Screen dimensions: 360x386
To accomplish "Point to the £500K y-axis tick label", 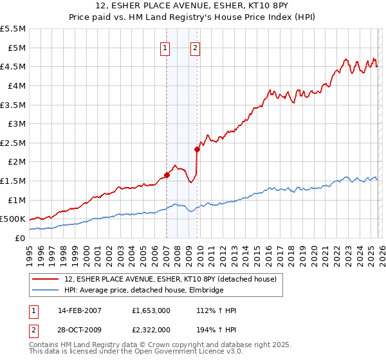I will pos(13,219).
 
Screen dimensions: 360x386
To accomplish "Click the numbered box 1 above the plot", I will pos(165,48).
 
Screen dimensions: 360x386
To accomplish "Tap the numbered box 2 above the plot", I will pos(195,48).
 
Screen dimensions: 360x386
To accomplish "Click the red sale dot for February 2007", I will pos(167,174).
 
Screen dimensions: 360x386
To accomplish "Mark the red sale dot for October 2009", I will pos(198,149).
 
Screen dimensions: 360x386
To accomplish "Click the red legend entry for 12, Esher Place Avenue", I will pos(170,279).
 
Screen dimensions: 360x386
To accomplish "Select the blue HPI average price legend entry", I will pos(143,291).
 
